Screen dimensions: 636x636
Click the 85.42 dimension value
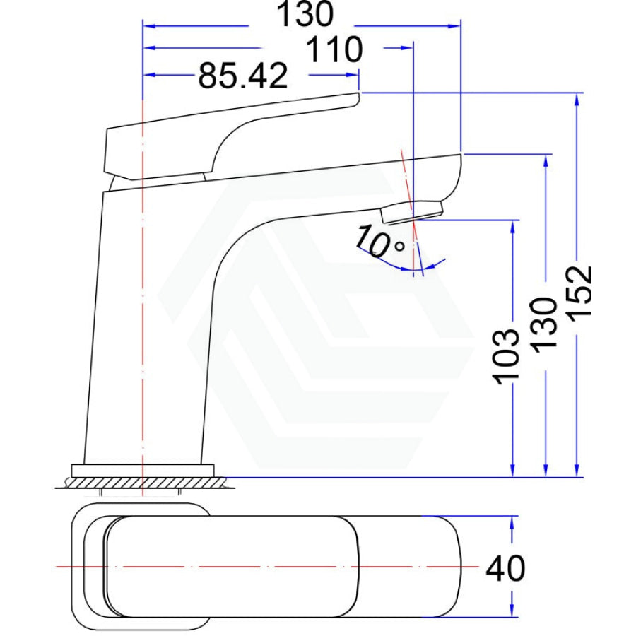pos(242,76)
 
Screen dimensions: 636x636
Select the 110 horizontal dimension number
pos(334,49)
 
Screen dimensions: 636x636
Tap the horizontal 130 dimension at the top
pos(305,15)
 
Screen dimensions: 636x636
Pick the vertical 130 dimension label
pos(544,325)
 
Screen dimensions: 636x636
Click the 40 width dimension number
pos(505,568)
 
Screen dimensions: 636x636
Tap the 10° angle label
pos(379,242)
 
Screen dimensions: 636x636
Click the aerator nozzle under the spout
pos(412,211)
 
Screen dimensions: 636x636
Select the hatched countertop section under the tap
pos(145,483)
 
